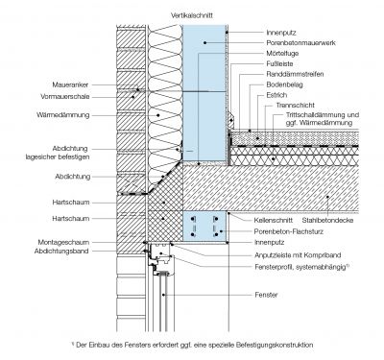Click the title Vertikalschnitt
point(192,15)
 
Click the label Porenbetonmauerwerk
point(300,42)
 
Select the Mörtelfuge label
point(282,53)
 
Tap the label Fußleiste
point(279,63)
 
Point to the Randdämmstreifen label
point(295,74)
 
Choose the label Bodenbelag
point(284,84)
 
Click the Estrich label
point(276,95)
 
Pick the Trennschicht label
point(296,105)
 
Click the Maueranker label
point(70,84)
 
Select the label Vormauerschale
point(65,97)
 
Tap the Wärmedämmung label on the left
point(63,115)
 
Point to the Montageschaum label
point(63,242)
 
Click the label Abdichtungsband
point(61,251)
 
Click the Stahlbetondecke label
point(327,220)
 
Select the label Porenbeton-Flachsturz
point(289,231)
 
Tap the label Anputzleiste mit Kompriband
point(298,255)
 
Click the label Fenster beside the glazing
point(266,295)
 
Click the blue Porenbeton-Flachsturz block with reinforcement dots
point(204,227)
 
